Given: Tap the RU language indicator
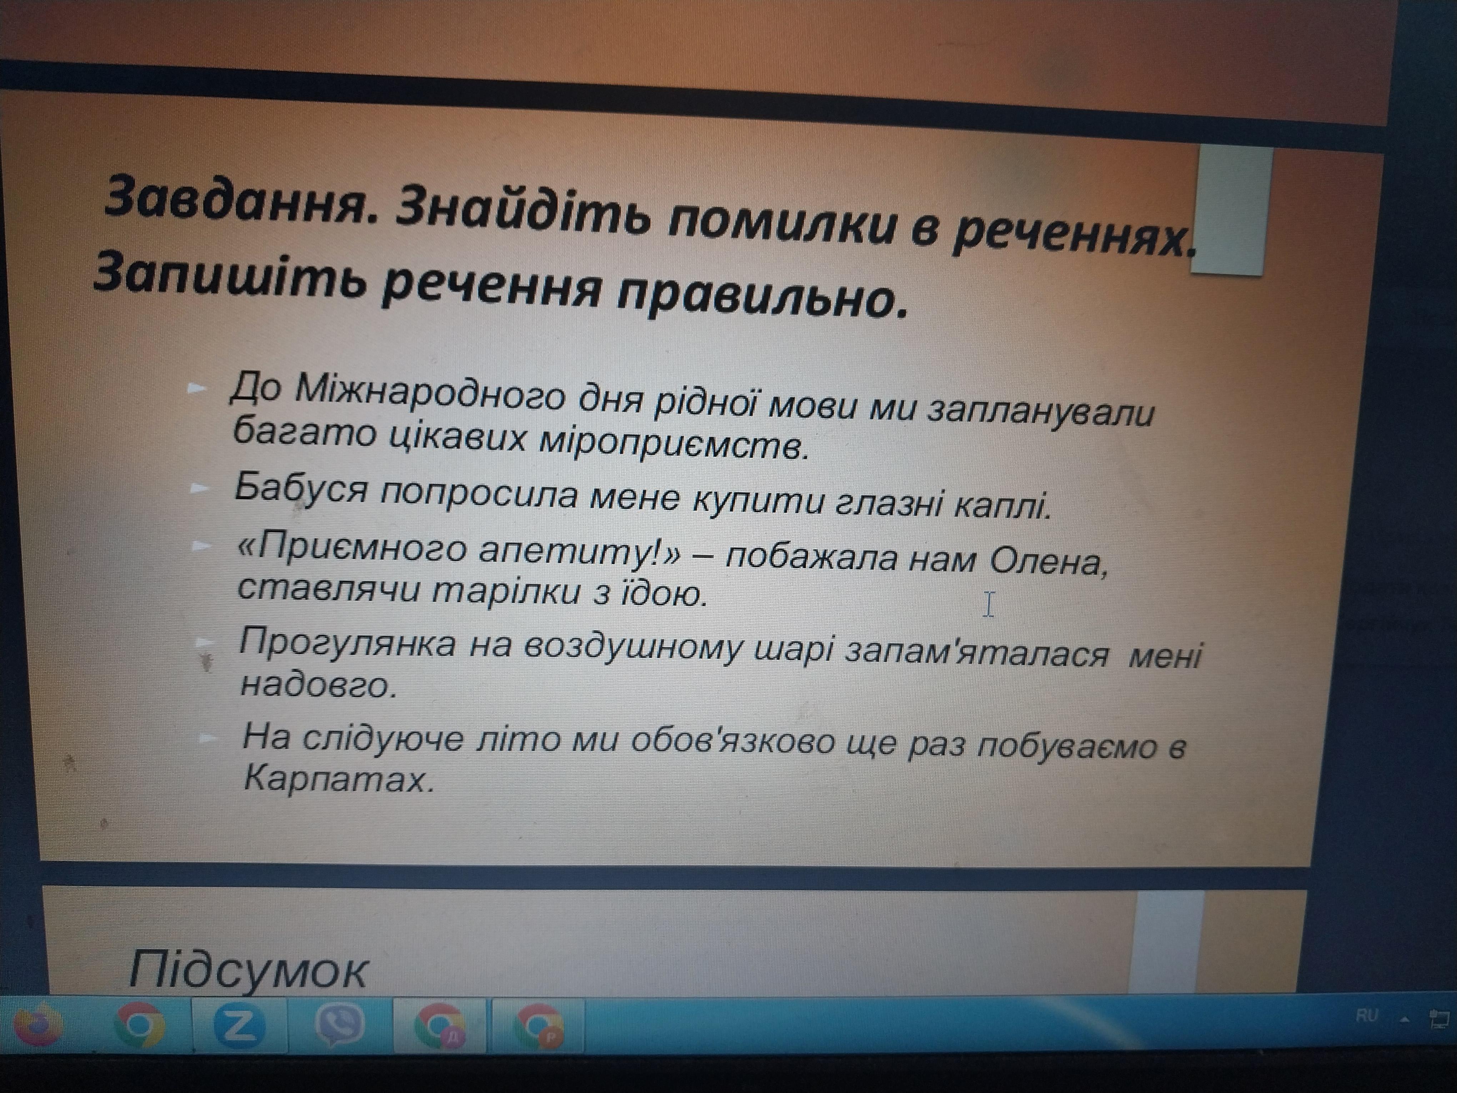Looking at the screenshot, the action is (x=1367, y=1015).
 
